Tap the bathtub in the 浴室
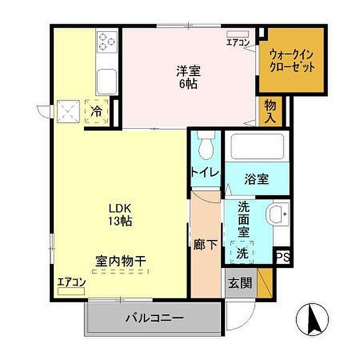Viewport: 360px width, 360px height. (257, 146)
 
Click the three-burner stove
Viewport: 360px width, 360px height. (107, 41)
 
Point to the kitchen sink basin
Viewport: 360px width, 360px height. (106, 82)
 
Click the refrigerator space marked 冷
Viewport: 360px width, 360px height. (97, 112)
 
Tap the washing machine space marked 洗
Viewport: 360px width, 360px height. (242, 253)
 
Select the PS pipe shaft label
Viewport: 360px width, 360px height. (283, 257)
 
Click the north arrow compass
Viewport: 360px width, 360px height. (312, 319)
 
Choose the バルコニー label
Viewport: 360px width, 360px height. (154, 318)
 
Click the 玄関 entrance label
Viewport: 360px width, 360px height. (240, 283)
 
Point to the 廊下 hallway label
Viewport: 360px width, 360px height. (205, 244)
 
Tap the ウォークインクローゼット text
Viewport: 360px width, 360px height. (292, 61)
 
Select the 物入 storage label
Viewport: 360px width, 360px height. (270, 112)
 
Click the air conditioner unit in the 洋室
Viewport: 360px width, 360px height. (238, 34)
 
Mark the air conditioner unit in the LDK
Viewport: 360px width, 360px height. (71, 292)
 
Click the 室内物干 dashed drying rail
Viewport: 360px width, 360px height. (120, 272)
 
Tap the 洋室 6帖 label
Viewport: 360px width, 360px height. (188, 77)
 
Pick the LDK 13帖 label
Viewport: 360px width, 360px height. (120, 215)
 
